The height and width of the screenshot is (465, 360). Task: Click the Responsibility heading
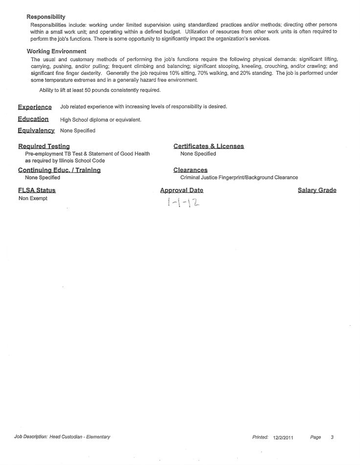point(46,17)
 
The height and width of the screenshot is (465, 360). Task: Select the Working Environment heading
point(56,51)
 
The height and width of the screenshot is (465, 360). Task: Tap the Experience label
point(35,107)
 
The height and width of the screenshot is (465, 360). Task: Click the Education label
point(33,119)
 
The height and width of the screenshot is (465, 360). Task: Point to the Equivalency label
point(36,131)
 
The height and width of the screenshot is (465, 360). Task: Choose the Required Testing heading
point(44,146)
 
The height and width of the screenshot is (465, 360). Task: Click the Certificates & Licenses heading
point(208,146)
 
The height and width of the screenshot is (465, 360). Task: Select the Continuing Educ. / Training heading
point(59,170)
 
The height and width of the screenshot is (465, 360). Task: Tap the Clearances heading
point(190,170)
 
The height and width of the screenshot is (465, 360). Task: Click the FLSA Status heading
point(37,190)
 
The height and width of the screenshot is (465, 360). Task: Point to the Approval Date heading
point(181,190)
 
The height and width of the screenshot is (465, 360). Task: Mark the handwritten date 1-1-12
point(180,202)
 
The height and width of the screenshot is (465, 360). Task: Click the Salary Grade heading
point(317,190)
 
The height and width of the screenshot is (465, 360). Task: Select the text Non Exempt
point(33,199)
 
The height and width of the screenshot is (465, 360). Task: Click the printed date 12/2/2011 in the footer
point(283,437)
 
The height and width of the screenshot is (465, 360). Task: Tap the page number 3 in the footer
point(332,437)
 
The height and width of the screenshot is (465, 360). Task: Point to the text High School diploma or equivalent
point(101,120)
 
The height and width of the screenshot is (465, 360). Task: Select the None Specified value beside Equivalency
point(78,131)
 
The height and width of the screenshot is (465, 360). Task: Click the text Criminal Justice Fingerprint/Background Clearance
point(239,177)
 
